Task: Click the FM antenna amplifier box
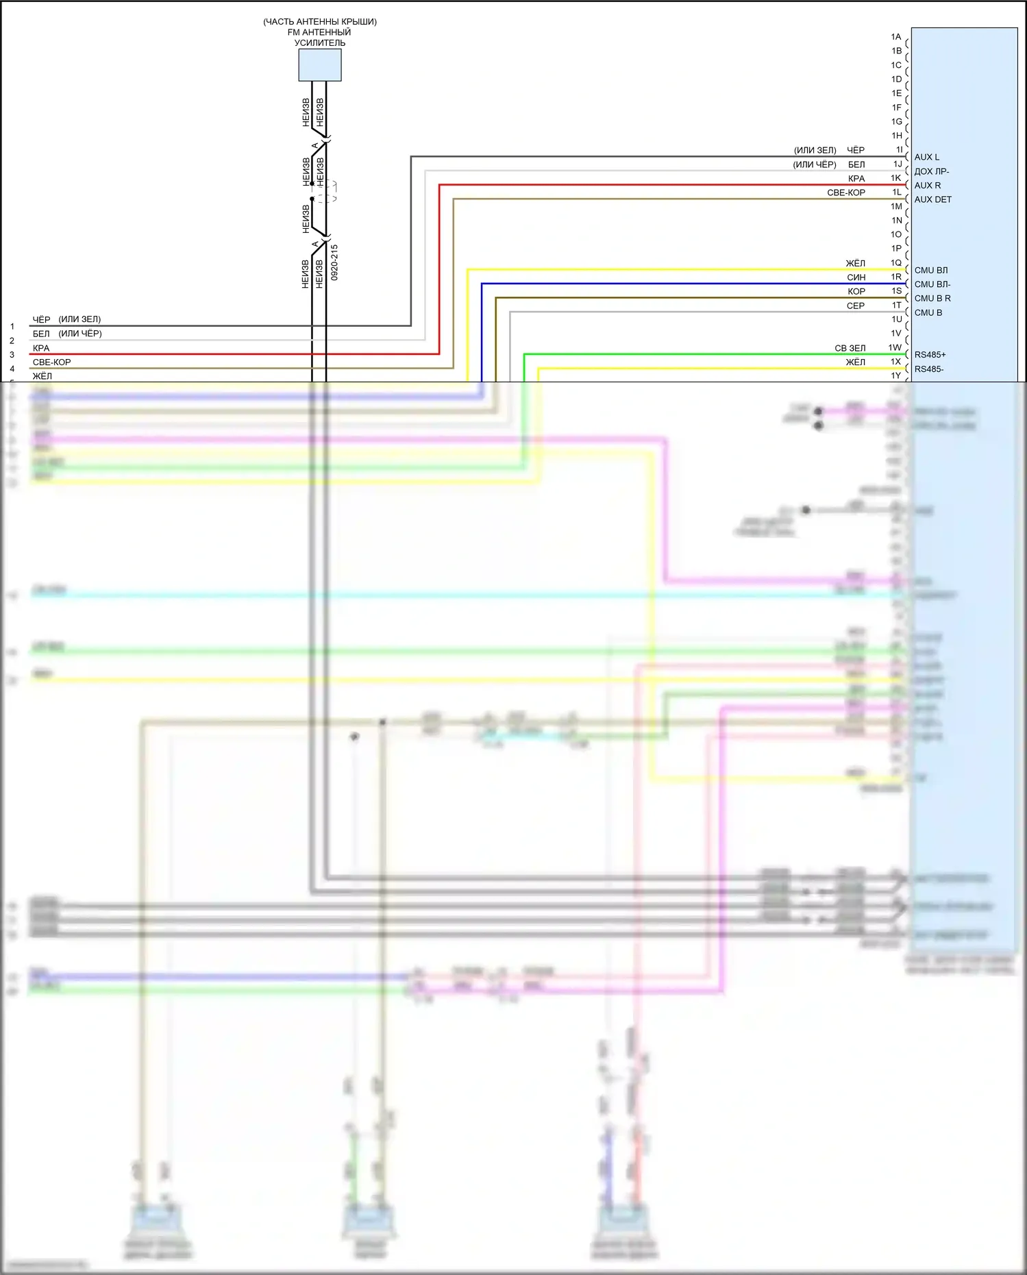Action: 319,65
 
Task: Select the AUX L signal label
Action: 926,157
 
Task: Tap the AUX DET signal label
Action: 932,199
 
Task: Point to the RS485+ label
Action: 930,355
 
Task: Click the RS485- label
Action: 928,369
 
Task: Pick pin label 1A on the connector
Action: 896,37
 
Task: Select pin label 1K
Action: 896,178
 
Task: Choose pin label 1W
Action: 895,347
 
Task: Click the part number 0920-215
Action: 334,262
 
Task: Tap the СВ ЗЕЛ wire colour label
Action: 850,348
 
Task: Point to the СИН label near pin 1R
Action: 856,277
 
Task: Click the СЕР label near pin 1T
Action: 855,306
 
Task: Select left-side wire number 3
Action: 12,355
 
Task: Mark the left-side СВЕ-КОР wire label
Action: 51,362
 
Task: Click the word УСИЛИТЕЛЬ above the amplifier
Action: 319,42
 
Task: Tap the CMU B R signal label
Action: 932,299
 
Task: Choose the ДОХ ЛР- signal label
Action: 931,171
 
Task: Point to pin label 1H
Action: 896,136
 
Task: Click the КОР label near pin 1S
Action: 856,291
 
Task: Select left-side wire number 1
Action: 12,327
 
